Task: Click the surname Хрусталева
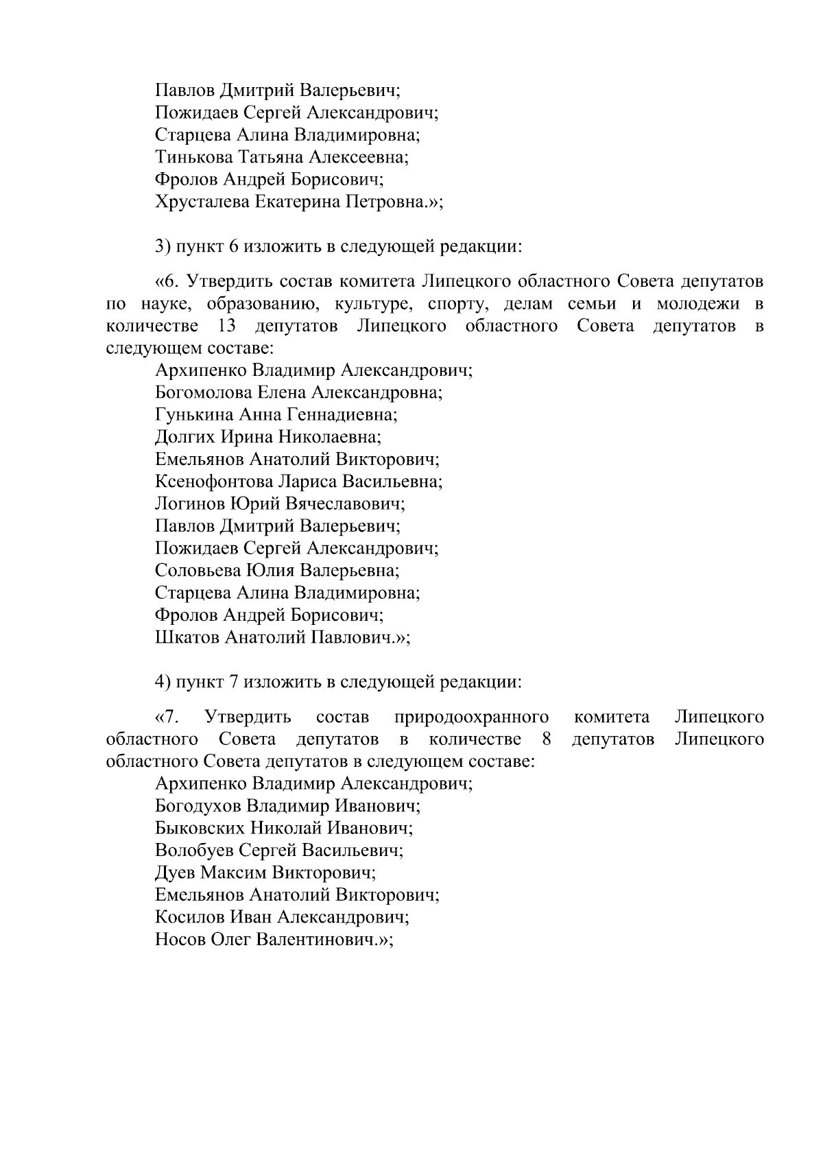tap(203, 202)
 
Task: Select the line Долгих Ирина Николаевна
tap(268, 437)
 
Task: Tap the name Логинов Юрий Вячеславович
tap(280, 504)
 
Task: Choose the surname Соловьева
tap(194, 571)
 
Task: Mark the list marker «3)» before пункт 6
tap(163, 246)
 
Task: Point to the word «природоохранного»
tap(472, 718)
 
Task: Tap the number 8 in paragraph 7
tap(547, 740)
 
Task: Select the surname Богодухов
tap(198, 806)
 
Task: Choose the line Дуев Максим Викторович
tap(265, 872)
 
